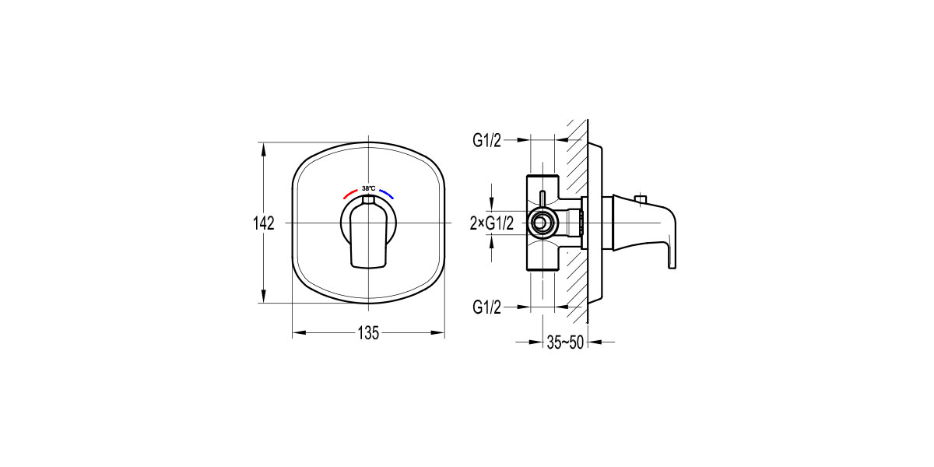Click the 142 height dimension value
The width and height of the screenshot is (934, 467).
click(x=264, y=224)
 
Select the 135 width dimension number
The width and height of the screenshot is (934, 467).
click(x=368, y=333)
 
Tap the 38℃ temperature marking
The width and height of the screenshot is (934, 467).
click(x=368, y=188)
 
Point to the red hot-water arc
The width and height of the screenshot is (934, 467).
click(x=349, y=192)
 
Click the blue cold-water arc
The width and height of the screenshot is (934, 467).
click(x=388, y=192)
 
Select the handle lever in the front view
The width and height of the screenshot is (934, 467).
click(x=368, y=237)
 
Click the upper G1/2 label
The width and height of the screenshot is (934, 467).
click(x=487, y=141)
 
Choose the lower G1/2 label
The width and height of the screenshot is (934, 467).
click(x=487, y=307)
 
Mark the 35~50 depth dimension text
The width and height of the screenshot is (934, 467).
click(x=564, y=342)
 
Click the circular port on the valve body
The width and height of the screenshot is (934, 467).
click(x=539, y=224)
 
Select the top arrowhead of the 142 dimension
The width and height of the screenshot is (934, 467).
click(x=264, y=148)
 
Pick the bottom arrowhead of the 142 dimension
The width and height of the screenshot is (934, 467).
click(x=264, y=297)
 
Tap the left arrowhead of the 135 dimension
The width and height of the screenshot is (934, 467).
click(x=298, y=333)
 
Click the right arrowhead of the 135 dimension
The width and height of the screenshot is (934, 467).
click(x=438, y=333)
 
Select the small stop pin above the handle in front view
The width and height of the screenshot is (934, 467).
click(x=368, y=201)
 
